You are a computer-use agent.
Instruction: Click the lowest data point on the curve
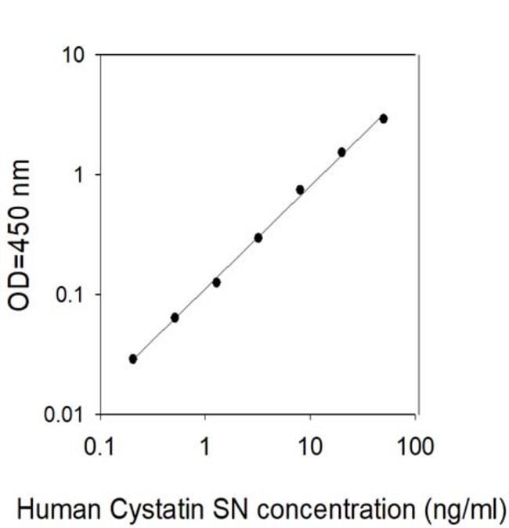click(133, 359)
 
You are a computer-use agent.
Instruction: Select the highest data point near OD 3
click(384, 118)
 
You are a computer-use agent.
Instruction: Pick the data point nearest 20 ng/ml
click(341, 152)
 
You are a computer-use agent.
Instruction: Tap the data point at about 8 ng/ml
click(300, 190)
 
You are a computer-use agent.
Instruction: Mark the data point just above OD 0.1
click(216, 283)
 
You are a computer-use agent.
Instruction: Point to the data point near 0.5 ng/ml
click(175, 317)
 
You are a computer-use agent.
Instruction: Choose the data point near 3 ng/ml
click(258, 238)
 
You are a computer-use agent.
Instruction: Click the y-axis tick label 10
click(72, 55)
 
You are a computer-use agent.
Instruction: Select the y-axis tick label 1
click(79, 175)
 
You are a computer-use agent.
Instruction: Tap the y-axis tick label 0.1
click(69, 295)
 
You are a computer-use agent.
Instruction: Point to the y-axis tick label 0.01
click(63, 414)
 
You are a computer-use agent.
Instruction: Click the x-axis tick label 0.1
click(99, 447)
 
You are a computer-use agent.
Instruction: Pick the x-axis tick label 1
click(204, 447)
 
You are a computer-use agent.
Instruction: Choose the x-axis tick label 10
click(310, 447)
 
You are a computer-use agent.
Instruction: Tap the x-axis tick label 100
click(415, 447)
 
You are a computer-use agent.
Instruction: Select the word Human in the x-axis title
click(60, 508)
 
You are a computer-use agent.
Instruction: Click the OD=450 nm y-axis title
click(20, 235)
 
